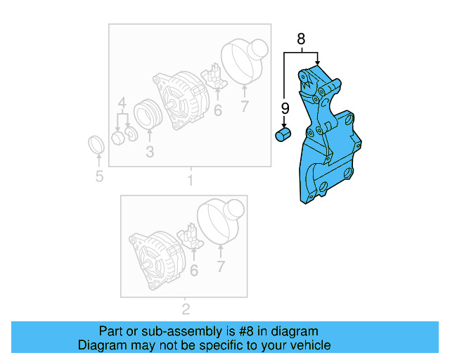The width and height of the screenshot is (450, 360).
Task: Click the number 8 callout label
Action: point(301,40)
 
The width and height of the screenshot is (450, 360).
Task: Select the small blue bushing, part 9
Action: point(283,134)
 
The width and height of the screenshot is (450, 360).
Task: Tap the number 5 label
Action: point(99,176)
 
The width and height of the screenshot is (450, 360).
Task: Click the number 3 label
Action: point(150,152)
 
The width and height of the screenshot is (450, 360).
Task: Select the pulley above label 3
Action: point(148,116)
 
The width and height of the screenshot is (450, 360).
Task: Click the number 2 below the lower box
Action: point(186,309)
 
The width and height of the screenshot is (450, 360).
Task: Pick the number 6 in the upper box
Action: point(218,110)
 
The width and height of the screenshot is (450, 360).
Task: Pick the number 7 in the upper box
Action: point(245,107)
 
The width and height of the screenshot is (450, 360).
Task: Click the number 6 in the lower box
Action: point(194,269)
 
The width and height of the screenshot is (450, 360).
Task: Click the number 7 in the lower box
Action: point(220,266)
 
